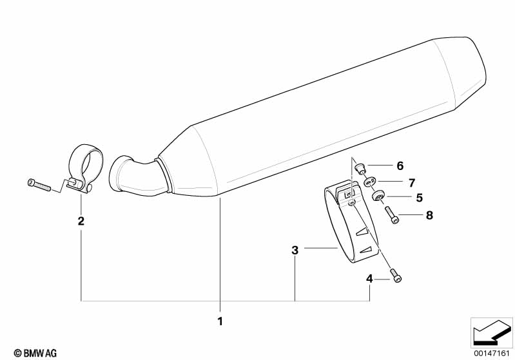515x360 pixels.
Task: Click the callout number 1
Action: (x=220, y=321)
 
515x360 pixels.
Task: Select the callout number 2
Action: (x=81, y=221)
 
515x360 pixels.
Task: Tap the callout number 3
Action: (x=295, y=250)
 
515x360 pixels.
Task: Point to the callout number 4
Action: (x=369, y=279)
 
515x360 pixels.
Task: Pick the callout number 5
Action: (x=419, y=198)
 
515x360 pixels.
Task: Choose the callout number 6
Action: (x=400, y=166)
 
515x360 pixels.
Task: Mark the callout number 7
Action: (x=412, y=183)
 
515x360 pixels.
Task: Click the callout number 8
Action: (x=429, y=215)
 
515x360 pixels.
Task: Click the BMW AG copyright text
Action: (x=35, y=353)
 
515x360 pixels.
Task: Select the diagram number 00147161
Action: (x=491, y=354)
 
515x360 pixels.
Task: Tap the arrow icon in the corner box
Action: (x=491, y=333)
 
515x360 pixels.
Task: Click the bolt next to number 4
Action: (x=396, y=275)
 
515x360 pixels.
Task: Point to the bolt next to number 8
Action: (x=391, y=214)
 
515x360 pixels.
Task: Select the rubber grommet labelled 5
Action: (x=377, y=196)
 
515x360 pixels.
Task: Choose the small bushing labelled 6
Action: (x=361, y=168)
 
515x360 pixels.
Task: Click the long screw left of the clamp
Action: (x=39, y=185)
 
